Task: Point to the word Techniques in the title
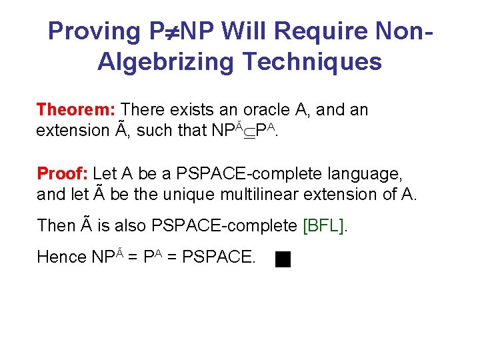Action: click(x=313, y=62)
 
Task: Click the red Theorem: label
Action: click(x=77, y=109)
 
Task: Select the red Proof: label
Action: click(x=63, y=174)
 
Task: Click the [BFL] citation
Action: click(x=325, y=226)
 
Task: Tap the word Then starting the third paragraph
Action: click(x=56, y=226)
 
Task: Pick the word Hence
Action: click(x=62, y=257)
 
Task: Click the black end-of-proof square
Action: click(x=283, y=259)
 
